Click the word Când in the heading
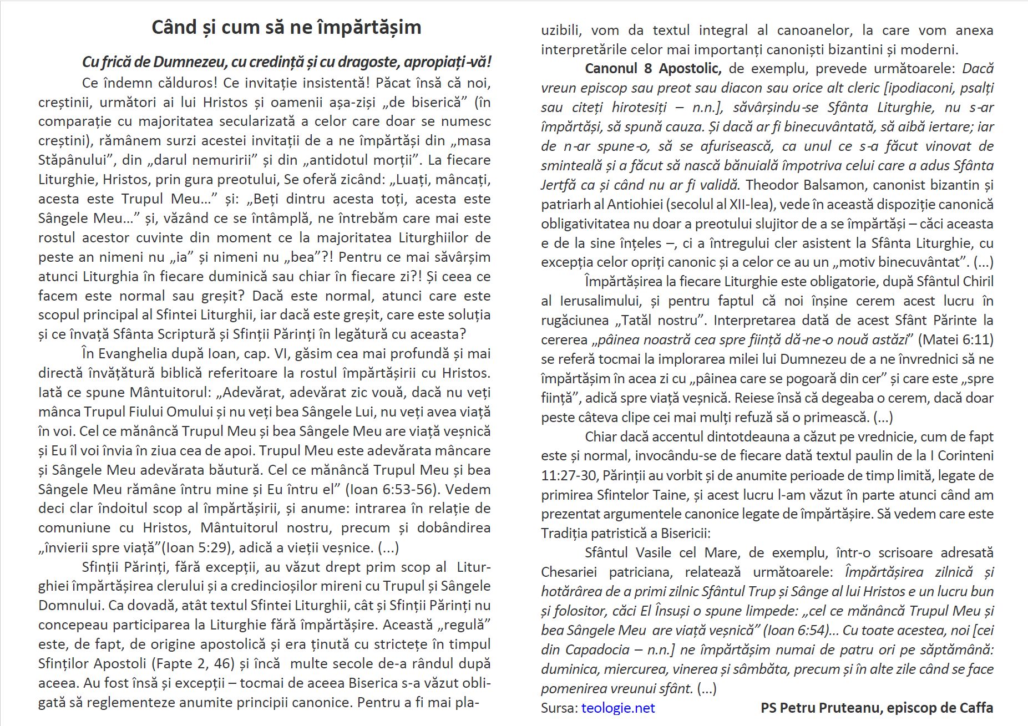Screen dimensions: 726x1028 pyautogui.click(x=174, y=27)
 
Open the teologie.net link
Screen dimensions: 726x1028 pyautogui.click(x=618, y=708)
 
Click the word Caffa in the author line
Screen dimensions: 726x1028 pyautogui.click(x=976, y=708)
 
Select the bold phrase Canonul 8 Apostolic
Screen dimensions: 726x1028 pyautogui.click(x=653, y=69)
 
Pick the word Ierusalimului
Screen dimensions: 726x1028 pyautogui.click(x=601, y=301)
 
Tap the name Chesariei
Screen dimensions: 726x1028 pyautogui.click(x=570, y=572)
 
